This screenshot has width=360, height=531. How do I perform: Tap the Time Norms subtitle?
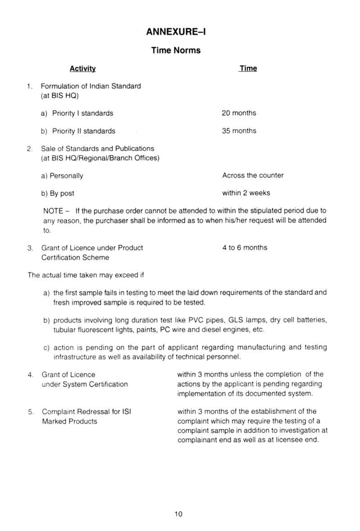176,50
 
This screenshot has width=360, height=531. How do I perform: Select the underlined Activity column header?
83,69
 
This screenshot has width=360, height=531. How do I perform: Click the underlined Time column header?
248,68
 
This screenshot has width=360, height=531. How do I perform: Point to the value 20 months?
239,113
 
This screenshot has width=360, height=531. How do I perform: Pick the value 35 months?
239,131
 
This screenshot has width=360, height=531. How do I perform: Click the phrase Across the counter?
253,175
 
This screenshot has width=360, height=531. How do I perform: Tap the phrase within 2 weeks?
246,193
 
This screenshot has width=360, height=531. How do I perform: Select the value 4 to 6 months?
245,247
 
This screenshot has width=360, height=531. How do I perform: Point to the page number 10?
179,514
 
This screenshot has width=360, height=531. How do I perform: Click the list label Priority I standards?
83,113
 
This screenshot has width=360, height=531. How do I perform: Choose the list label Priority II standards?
84,131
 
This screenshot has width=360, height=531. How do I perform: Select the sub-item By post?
62,193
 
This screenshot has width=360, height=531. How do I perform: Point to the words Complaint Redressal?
73,412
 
